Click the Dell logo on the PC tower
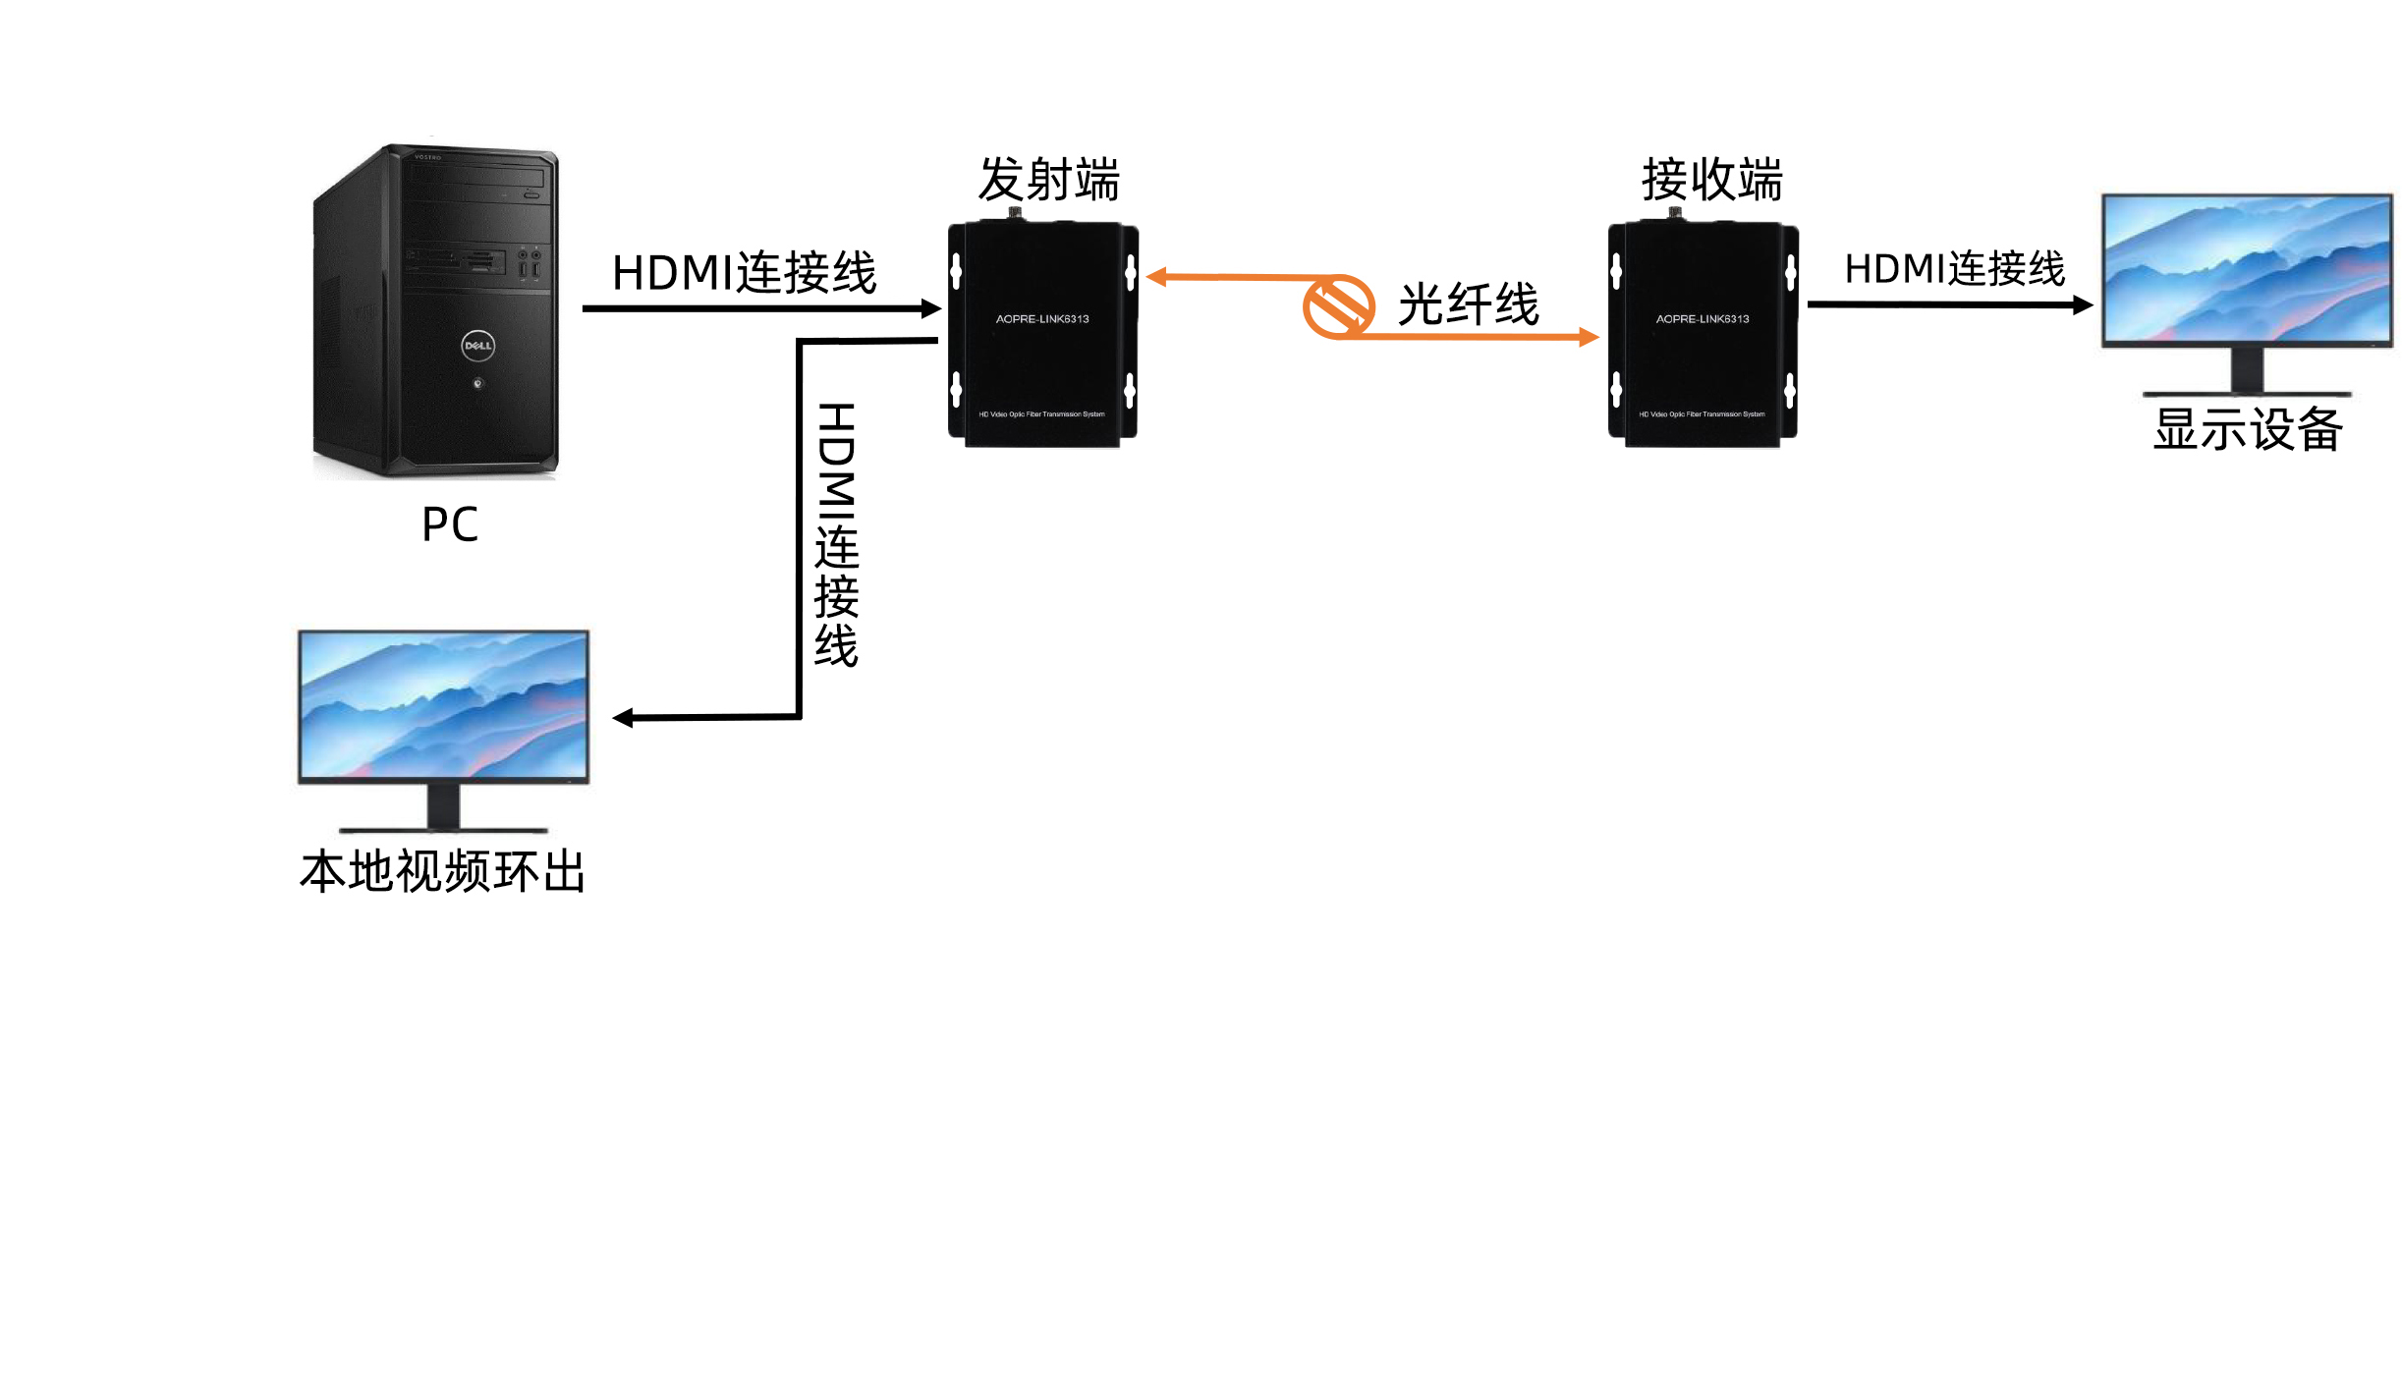click(477, 346)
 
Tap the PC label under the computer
click(450, 524)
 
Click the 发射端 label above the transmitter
click(1048, 180)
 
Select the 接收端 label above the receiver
click(1711, 180)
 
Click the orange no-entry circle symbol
click(1338, 307)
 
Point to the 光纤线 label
click(1468, 304)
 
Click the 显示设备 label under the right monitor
click(2248, 429)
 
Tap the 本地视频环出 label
click(443, 871)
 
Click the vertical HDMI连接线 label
click(836, 535)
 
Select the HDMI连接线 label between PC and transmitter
click(744, 273)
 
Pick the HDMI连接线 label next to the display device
click(1954, 269)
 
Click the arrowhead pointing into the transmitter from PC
click(931, 309)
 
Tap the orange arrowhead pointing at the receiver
click(1588, 338)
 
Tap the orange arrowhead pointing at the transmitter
click(1157, 278)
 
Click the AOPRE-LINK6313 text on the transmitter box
click(1042, 319)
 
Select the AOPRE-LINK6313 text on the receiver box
click(1703, 319)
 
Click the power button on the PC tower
click(478, 383)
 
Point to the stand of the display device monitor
click(2247, 371)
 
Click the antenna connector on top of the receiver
click(1675, 213)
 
